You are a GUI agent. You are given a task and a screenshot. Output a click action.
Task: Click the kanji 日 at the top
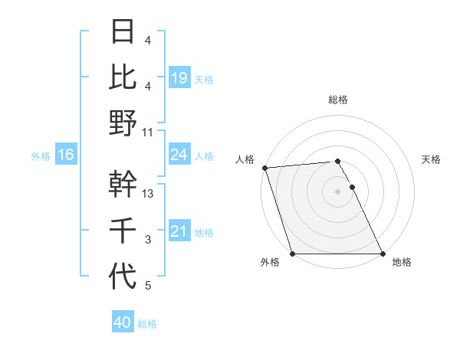(x=123, y=32)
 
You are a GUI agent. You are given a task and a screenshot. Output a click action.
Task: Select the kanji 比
(x=123, y=77)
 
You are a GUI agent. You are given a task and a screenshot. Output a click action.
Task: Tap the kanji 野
(x=123, y=123)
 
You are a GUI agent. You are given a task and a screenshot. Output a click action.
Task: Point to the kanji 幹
(x=123, y=184)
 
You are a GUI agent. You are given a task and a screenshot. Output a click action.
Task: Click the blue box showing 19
(x=179, y=77)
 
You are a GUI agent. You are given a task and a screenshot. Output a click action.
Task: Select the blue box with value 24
(x=179, y=155)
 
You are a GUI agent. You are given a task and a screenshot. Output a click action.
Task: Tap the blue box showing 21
(x=179, y=232)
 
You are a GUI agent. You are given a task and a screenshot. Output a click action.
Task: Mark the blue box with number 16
(x=65, y=155)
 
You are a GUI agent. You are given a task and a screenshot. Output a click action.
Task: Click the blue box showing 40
(x=122, y=322)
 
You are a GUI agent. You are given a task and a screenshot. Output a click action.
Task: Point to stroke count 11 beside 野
(x=148, y=132)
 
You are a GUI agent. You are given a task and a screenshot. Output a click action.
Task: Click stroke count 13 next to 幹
(x=148, y=194)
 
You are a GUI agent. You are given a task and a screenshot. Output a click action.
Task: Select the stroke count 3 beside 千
(x=148, y=240)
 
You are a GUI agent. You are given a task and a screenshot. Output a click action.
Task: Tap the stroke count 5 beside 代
(x=148, y=286)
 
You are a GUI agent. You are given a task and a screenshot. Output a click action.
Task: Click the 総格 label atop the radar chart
(x=338, y=100)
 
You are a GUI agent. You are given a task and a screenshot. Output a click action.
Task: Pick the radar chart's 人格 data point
(x=264, y=168)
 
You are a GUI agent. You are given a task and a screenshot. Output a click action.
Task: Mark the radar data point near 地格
(x=383, y=254)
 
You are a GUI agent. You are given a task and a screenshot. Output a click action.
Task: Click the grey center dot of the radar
(x=338, y=191)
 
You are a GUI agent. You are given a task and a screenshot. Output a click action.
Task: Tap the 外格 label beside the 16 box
(x=41, y=156)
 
